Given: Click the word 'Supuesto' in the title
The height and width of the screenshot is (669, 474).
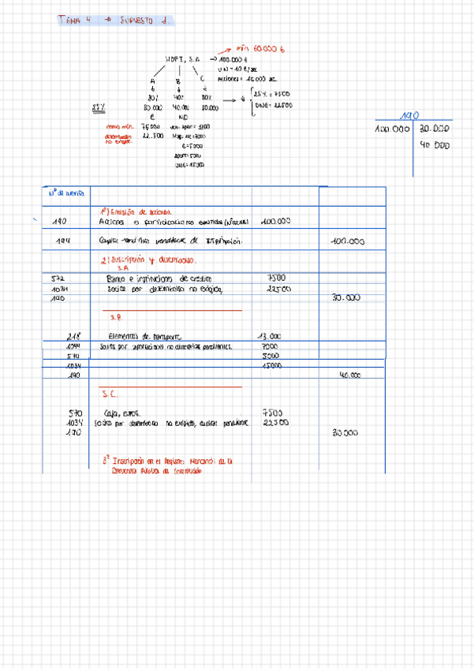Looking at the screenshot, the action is click(x=141, y=21).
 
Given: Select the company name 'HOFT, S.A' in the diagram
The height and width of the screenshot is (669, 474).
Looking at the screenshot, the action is click(x=183, y=59).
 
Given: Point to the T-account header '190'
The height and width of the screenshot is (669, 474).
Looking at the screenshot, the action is click(x=410, y=115).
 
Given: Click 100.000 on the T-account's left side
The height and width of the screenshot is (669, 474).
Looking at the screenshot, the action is click(x=393, y=128).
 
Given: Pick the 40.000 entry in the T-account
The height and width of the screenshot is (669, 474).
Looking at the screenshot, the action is click(x=435, y=144).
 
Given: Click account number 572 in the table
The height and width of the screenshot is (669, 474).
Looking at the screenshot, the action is click(x=57, y=278).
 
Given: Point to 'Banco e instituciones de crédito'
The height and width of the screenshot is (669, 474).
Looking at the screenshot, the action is click(x=159, y=278).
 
